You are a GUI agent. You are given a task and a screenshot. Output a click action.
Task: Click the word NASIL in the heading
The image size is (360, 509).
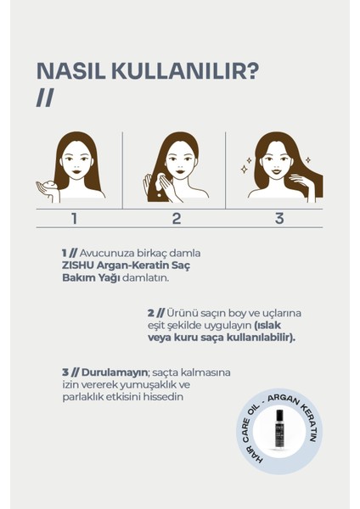click(x=70, y=70)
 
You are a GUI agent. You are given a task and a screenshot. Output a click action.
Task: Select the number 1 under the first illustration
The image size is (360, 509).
click(x=74, y=219)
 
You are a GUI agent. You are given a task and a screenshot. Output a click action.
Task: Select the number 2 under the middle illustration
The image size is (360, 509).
click(x=177, y=219)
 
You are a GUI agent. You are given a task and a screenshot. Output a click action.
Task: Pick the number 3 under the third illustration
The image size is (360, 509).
click(x=278, y=219)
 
